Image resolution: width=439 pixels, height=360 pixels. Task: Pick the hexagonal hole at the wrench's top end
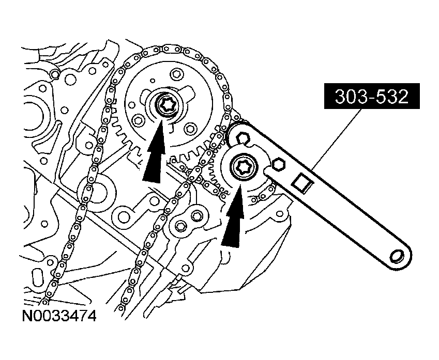tap(242, 139)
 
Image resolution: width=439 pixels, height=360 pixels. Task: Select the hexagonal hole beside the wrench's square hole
tap(278, 165)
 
